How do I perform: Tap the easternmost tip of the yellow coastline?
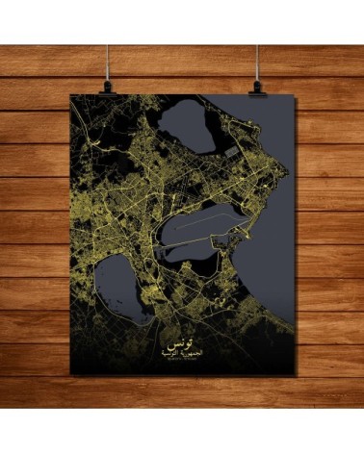286,174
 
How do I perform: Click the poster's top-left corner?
73,94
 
